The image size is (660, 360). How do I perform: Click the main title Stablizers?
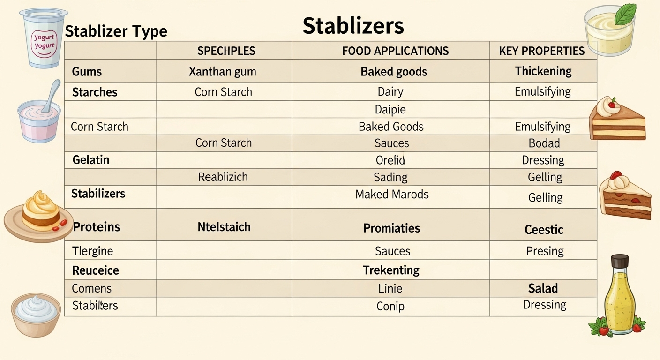(353, 26)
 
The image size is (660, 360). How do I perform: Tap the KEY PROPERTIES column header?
(542, 51)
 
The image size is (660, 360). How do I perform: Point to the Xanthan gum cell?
(223, 72)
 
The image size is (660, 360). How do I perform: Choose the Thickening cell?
(543, 71)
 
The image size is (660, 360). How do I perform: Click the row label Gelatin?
(91, 160)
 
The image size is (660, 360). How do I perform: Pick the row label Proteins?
(97, 227)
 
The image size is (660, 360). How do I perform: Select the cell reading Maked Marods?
(392, 194)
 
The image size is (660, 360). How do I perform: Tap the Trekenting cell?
(391, 270)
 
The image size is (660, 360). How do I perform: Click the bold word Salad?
(543, 288)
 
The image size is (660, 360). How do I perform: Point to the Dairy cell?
(390, 92)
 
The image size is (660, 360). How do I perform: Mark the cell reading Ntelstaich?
(224, 227)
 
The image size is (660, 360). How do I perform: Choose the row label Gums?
(87, 72)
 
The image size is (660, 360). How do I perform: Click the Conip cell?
(390, 306)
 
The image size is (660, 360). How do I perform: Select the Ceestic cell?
(544, 230)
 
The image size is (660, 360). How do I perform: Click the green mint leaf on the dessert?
(625, 14)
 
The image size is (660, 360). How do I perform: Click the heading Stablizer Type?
(116, 31)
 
